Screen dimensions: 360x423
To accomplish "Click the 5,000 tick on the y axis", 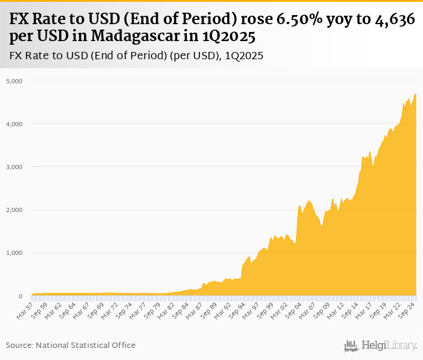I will tap(14, 81).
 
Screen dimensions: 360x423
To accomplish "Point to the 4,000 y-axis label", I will tap(14, 124).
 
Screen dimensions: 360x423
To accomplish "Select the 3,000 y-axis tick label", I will tap(14, 167).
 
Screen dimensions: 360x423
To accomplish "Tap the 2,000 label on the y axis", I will tap(14, 210).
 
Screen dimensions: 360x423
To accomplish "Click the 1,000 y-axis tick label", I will tap(14, 253).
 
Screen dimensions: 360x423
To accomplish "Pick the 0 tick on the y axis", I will tap(20, 296).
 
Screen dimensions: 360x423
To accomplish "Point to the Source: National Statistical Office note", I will tap(71, 345).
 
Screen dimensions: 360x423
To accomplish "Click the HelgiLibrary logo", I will tap(380, 346).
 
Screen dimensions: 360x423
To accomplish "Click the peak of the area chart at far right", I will tap(415, 94).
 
